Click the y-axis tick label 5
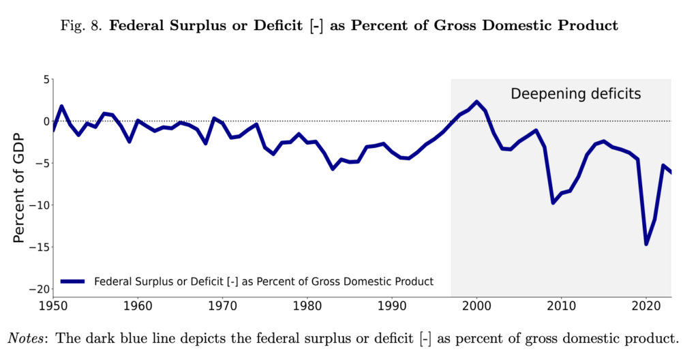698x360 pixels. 46,80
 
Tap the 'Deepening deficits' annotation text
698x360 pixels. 576,93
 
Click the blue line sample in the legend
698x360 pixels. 72,281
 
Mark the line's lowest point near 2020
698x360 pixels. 646,244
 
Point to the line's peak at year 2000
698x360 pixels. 477,102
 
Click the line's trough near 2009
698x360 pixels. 553,202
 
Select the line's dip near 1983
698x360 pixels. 333,168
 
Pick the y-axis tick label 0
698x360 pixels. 46,121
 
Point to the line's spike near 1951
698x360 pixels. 61,106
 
